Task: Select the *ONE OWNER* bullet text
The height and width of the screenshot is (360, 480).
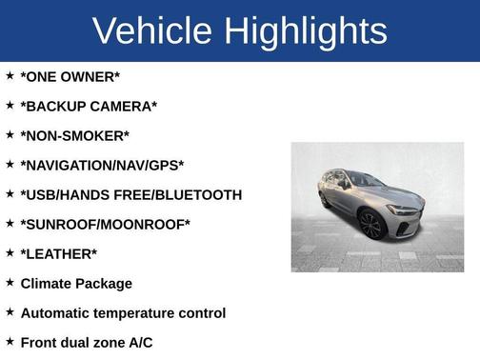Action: pyautogui.click(x=70, y=76)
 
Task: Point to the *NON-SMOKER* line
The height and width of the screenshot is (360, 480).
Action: pyautogui.click(x=74, y=135)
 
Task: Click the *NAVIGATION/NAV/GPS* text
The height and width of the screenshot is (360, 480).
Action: pyautogui.click(x=102, y=165)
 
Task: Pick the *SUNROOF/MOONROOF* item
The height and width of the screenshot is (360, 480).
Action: pyautogui.click(x=105, y=224)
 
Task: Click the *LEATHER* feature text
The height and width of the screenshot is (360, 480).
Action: pyautogui.click(x=58, y=253)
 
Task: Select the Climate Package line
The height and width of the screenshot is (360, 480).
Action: pyautogui.click(x=76, y=283)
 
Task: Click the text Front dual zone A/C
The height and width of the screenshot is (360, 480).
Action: pyautogui.click(x=86, y=342)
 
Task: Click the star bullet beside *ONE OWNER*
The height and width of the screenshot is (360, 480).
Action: pyautogui.click(x=10, y=75)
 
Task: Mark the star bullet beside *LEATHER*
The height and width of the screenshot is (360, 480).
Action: pyautogui.click(x=10, y=252)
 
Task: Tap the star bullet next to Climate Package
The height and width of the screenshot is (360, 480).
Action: pyautogui.click(x=10, y=282)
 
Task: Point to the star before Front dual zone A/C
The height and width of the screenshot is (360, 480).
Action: pyautogui.click(x=10, y=341)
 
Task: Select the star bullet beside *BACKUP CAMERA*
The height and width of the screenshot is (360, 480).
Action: pyautogui.click(x=10, y=105)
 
